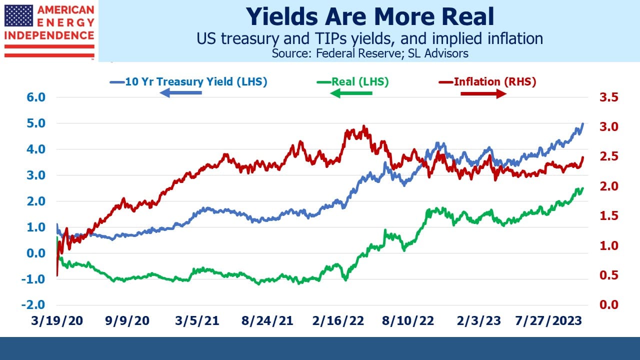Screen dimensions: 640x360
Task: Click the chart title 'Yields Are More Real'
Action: coord(369,16)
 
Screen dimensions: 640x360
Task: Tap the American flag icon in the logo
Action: coord(18,15)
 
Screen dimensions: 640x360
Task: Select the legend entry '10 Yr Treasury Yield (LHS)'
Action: coord(188,81)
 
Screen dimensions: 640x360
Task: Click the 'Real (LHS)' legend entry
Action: coord(353,81)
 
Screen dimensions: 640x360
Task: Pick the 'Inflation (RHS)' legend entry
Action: coord(487,81)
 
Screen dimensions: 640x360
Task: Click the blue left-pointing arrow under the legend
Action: coord(180,92)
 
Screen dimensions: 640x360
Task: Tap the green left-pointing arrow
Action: coord(351,93)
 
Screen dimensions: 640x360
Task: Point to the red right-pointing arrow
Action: coord(483,93)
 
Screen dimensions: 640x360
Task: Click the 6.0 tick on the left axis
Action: coord(36,97)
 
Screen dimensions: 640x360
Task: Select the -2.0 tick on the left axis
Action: coord(33,304)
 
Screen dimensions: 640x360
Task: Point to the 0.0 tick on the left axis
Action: coord(36,253)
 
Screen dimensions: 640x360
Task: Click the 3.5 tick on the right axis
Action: coord(609,97)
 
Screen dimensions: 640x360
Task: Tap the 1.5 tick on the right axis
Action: coord(609,216)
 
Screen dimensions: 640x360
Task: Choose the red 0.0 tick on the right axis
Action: coord(609,305)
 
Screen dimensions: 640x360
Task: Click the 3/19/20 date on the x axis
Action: coord(57,321)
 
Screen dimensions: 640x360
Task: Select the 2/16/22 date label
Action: coord(338,321)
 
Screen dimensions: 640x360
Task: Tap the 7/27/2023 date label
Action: coord(548,321)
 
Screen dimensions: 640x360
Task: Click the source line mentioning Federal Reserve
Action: coord(370,53)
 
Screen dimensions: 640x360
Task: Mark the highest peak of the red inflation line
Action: coord(363,125)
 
